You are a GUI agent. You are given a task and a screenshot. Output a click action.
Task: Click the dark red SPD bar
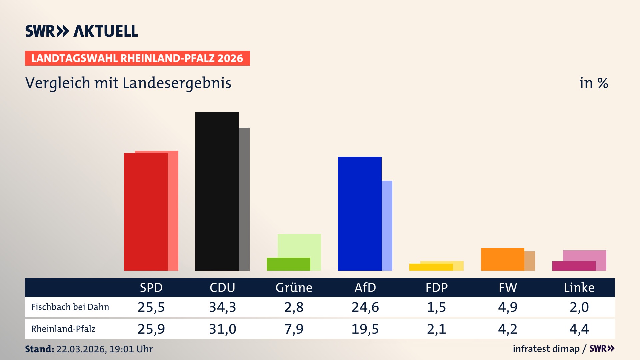pos(146,212)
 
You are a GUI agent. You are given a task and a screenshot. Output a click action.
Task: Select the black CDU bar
pos(217,191)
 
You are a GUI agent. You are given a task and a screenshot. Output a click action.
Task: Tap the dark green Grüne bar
pos(288,264)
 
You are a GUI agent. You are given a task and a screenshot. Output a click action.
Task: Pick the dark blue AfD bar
pos(360,213)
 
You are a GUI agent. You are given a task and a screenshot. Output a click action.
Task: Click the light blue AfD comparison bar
pos(387,225)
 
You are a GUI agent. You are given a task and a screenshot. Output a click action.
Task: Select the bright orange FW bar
pos(502,259)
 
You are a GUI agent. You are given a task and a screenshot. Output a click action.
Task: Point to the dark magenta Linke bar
pos(574,266)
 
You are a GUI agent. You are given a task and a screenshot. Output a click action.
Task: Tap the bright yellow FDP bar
pos(431,267)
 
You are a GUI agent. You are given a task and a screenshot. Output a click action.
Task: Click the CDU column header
pos(222,287)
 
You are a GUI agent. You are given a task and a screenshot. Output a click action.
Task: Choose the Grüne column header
pos(294,287)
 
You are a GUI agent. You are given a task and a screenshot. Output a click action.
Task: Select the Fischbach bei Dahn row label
pos(70,307)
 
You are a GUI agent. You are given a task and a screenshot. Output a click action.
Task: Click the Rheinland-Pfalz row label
pos(63,329)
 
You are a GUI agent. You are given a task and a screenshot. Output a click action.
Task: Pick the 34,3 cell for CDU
pos(222,307)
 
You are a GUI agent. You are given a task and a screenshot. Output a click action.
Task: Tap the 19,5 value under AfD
pos(365,329)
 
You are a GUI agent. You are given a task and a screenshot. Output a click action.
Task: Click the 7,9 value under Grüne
pos(294,329)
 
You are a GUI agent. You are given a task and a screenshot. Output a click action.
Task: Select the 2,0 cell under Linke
pos(579,307)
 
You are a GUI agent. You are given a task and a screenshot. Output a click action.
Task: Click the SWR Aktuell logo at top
pos(82,31)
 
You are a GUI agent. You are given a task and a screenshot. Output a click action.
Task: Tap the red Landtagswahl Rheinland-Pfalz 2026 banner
pos(137,58)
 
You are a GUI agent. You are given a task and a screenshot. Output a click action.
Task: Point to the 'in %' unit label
pos(593,83)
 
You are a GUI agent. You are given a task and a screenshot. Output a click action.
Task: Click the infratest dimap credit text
pos(546,349)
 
